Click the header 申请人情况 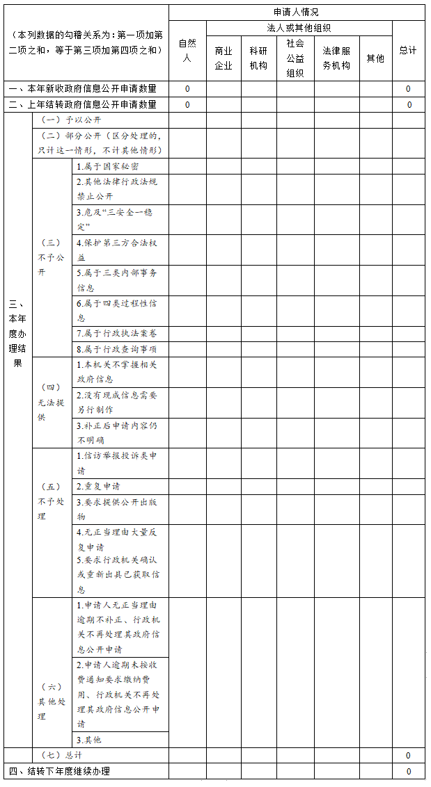tap(297, 13)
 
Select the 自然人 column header tap(187, 51)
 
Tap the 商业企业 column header tap(224, 58)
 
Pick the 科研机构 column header tap(258, 58)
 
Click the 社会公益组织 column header tap(295, 58)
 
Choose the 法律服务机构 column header tap(336, 58)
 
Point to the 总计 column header tap(408, 51)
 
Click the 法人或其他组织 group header tap(299, 29)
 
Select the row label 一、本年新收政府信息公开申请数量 tap(82, 89)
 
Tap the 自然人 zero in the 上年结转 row tap(187, 105)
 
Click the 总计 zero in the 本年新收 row tap(408, 89)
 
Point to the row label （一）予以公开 tap(66, 120)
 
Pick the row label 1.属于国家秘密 tap(107, 167)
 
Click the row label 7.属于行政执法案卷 tap(117, 334)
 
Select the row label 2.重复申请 tap(98, 486)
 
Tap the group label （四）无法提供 tap(51, 403)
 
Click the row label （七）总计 tap(61, 755)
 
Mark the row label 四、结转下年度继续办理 tap(59, 771)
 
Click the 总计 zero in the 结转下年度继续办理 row tap(408, 771)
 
